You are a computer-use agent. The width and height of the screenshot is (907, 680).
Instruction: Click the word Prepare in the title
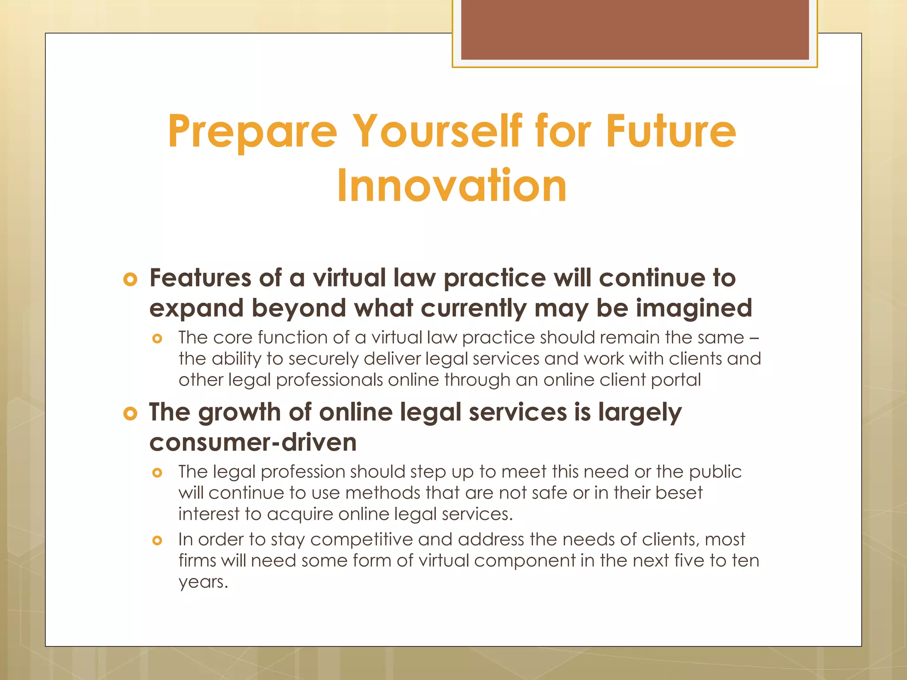click(252, 131)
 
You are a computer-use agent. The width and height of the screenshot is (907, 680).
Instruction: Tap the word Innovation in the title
click(452, 185)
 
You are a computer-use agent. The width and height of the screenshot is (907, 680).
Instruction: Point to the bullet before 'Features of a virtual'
click(130, 280)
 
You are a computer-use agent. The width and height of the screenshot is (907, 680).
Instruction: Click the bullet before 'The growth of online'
click(130, 414)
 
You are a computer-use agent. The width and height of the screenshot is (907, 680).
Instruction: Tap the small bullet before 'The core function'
click(157, 339)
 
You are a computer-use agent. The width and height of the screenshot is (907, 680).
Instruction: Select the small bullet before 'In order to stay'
click(157, 541)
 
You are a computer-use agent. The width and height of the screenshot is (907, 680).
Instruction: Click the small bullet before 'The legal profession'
click(157, 473)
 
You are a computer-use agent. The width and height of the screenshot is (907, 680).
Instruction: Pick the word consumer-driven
click(253, 442)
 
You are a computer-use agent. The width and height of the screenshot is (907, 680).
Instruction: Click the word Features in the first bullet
click(200, 278)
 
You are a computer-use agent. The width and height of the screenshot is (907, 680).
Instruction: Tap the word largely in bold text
click(640, 413)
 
